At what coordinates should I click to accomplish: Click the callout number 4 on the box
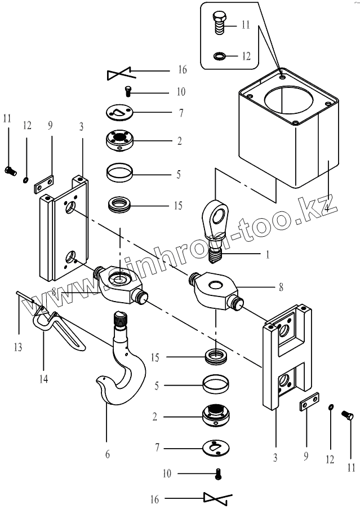pyautogui.click(x=327, y=206)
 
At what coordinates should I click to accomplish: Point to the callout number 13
pyautogui.click(x=19, y=347)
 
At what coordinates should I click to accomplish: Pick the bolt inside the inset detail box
pyautogui.click(x=218, y=23)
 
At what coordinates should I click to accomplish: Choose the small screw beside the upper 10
pyautogui.click(x=128, y=90)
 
